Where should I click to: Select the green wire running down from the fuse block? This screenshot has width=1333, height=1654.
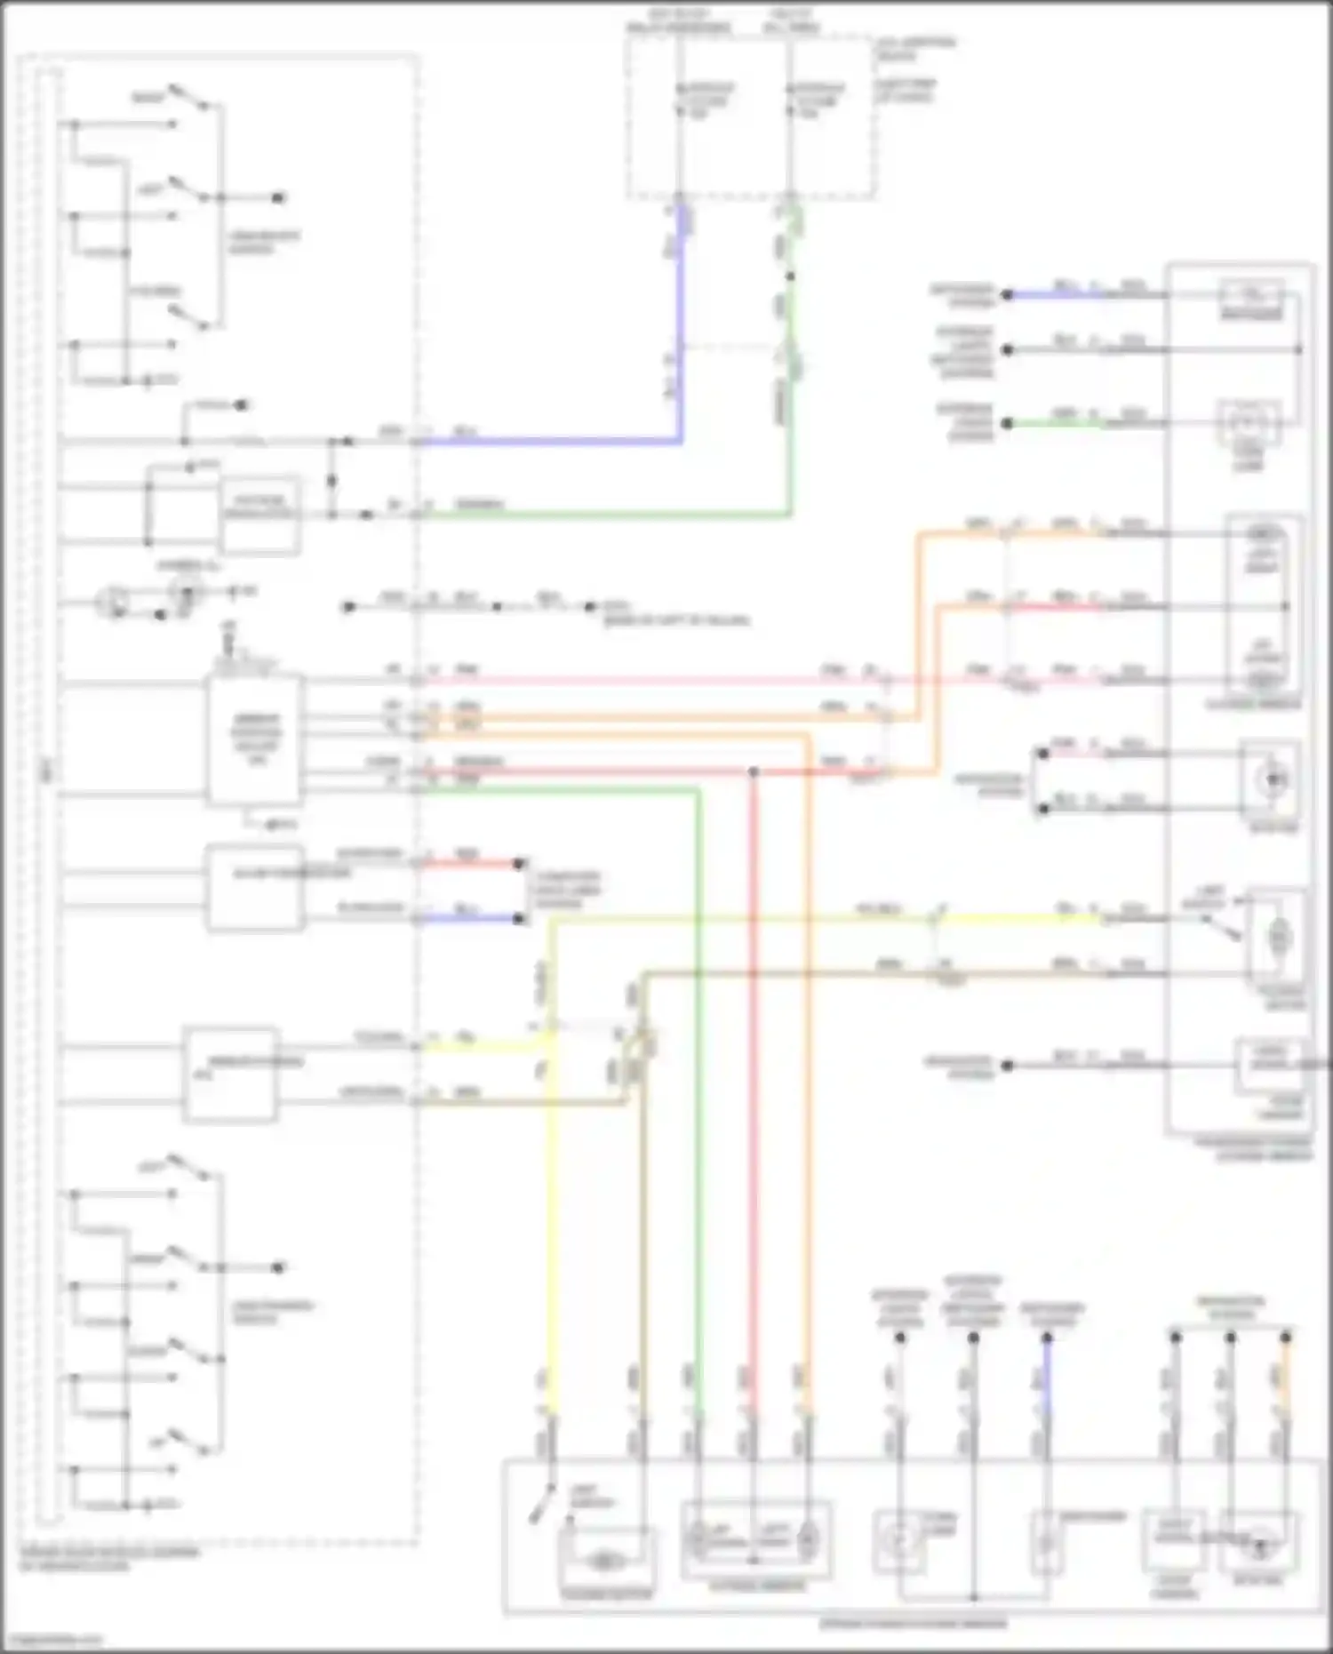(789, 427)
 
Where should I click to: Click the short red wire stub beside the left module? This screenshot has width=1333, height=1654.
(471, 863)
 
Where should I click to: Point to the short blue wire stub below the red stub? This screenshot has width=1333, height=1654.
(471, 918)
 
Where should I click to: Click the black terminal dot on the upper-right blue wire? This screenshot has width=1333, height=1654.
(1007, 295)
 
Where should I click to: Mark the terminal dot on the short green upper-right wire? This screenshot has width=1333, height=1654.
(1007, 424)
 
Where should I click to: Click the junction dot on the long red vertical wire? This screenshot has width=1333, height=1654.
(753, 771)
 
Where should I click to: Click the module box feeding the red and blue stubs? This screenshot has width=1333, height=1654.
(255, 887)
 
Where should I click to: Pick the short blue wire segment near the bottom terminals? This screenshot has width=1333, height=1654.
(1047, 1378)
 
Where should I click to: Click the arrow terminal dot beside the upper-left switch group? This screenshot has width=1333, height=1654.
(278, 198)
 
